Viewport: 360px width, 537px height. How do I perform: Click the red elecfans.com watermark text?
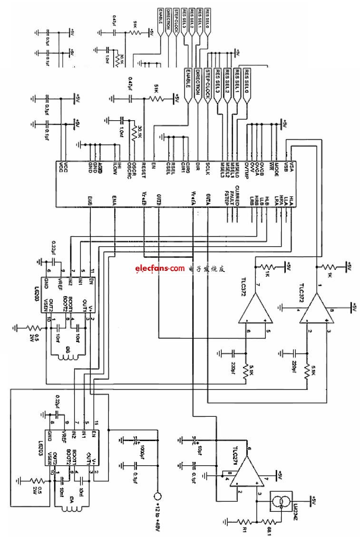(159, 268)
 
